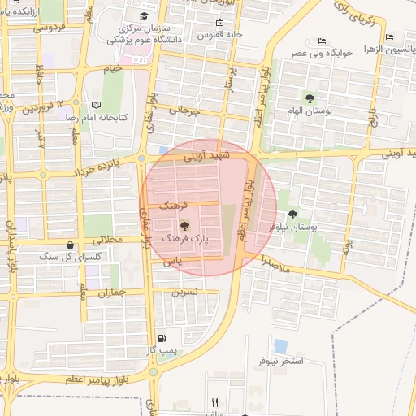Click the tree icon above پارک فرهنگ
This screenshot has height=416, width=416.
pos(184,227)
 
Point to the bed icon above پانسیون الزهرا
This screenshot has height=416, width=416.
pos(390,37)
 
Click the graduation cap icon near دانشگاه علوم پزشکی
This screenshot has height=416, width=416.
pos(144,16)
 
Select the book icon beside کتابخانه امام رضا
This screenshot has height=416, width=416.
pos(97,105)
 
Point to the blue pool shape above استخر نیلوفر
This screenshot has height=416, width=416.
pos(280,346)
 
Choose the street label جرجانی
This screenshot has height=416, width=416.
pos(184,110)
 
